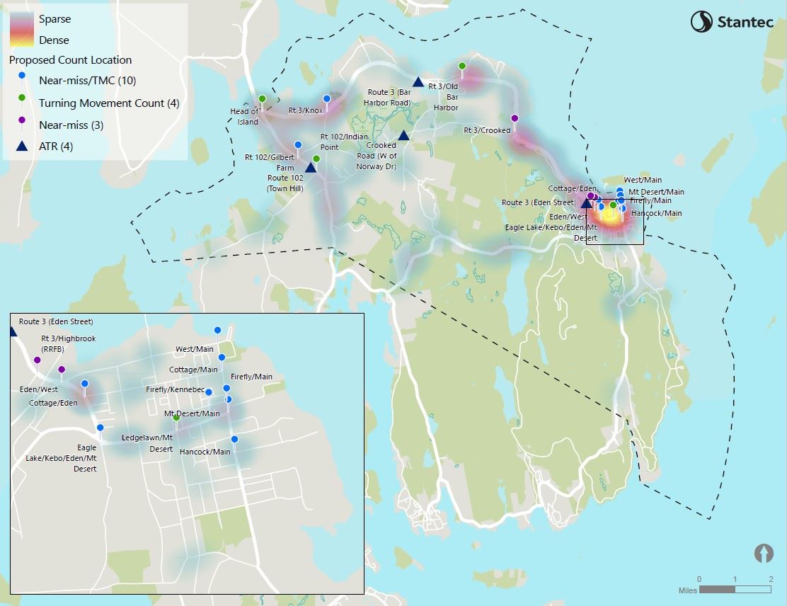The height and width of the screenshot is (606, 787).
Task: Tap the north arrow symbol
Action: coord(764,553)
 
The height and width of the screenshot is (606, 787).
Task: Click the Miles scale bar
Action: coord(734,589)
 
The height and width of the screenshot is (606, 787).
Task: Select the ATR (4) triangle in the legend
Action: coord(22,147)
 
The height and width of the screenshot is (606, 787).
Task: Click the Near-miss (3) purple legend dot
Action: coord(22,125)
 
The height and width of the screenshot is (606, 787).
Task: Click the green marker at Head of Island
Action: coord(262,99)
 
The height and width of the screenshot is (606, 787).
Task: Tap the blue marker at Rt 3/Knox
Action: coord(327,99)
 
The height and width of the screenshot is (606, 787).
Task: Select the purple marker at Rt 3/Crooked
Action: coord(515,118)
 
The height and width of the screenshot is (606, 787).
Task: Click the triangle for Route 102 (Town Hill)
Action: coord(310,167)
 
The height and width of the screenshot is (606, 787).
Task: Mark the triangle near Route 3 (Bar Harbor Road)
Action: coord(418,81)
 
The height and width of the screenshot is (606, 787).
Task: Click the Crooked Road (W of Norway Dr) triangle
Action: coord(403,135)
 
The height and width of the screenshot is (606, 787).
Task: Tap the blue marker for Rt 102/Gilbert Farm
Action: coord(298,144)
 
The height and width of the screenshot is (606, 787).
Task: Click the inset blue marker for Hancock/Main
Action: coord(234,440)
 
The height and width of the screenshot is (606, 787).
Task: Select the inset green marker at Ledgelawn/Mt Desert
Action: coord(177,418)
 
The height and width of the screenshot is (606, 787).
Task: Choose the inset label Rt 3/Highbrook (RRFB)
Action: coord(68,343)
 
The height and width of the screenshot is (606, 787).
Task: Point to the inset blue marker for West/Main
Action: coord(217,331)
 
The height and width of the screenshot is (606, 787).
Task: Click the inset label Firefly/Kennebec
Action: coord(175,390)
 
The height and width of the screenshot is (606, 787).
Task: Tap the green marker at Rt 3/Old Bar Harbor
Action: coord(462,66)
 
